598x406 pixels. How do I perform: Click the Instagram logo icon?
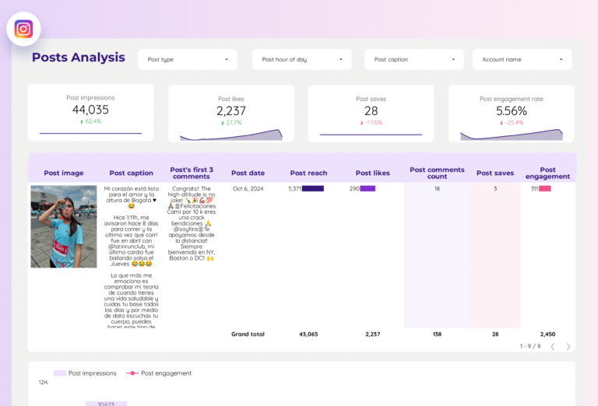(x=23, y=29)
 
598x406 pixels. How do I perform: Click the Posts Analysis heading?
(x=78, y=58)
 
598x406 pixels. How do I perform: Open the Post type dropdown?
(x=187, y=60)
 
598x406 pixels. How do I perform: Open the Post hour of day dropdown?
(x=301, y=60)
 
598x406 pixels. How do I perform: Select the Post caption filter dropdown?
(x=413, y=60)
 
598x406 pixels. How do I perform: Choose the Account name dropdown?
(x=522, y=60)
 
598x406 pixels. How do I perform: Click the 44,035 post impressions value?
(x=90, y=110)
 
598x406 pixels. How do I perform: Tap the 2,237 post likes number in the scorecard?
(x=230, y=111)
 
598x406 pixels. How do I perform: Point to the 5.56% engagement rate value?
(x=511, y=111)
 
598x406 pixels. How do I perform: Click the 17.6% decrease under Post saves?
(x=372, y=123)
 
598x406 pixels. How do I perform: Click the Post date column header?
(x=248, y=173)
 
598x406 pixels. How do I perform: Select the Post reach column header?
(x=308, y=173)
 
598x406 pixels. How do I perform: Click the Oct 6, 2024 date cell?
(x=248, y=188)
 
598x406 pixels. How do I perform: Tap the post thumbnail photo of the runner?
(x=64, y=226)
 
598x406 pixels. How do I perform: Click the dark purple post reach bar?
(x=313, y=188)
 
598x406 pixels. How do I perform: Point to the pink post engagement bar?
(x=545, y=188)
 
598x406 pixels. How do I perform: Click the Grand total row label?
(x=248, y=334)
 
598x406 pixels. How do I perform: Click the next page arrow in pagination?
(x=568, y=346)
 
